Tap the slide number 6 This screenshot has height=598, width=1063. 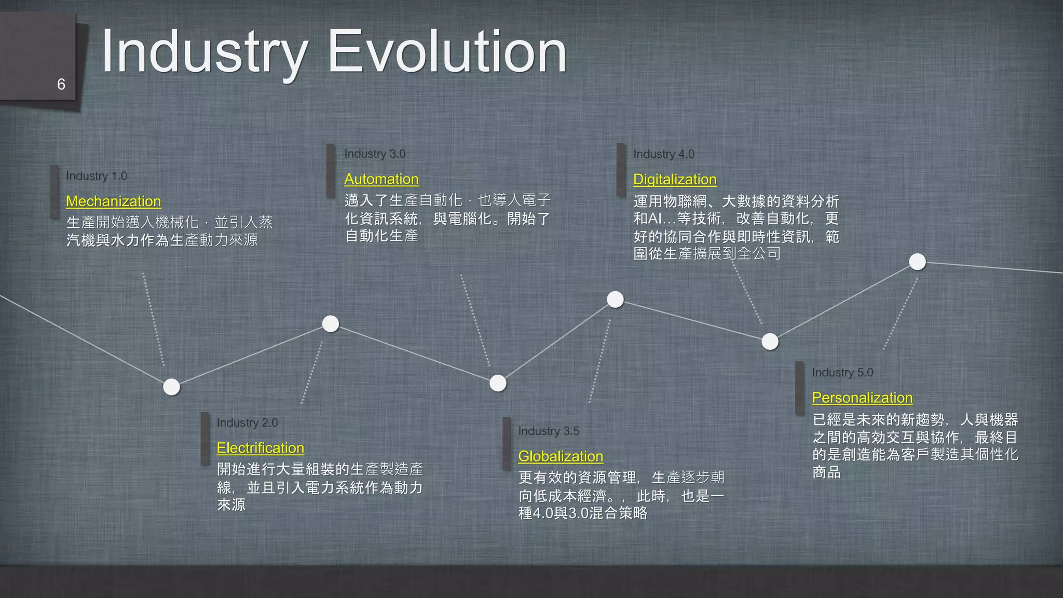tap(61, 84)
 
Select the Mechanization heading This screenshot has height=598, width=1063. tap(114, 201)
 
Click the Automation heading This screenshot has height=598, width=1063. tap(381, 179)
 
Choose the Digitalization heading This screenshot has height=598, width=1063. tap(675, 180)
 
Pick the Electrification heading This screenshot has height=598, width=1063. tap(261, 448)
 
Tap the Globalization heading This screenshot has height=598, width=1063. tap(561, 456)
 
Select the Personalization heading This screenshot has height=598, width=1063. tap(862, 398)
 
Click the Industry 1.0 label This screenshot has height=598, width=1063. tap(97, 176)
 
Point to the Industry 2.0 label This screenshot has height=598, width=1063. tap(247, 423)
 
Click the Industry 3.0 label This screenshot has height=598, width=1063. tap(375, 154)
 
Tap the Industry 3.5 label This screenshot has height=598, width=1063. tap(549, 431)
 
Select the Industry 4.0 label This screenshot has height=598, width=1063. tap(663, 154)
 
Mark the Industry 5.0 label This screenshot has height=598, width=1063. tap(842, 372)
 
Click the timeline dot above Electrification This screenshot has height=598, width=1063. tap(331, 324)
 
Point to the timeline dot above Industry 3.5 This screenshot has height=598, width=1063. tap(615, 300)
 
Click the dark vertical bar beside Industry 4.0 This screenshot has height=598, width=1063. tap(621, 170)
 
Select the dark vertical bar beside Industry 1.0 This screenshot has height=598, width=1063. tap(54, 192)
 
